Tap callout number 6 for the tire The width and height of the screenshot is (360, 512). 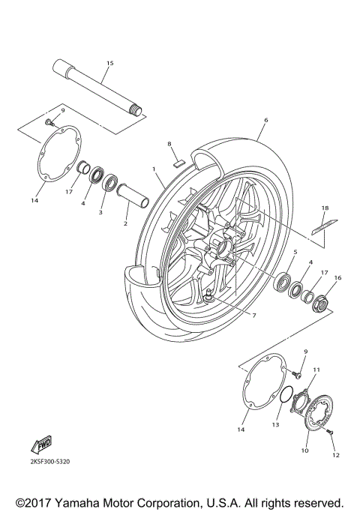265,120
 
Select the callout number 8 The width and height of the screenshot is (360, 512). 169,143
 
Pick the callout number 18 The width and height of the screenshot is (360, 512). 325,208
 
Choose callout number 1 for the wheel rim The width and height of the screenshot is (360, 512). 154,172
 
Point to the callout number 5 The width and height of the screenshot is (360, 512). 295,252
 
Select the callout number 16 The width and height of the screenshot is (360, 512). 337,278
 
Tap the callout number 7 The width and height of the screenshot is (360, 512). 253,316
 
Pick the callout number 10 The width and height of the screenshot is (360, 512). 304,451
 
